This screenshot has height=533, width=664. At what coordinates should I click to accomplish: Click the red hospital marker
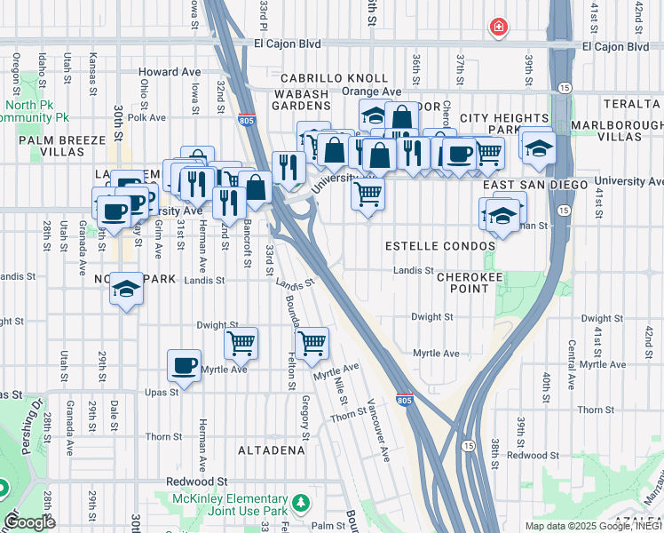point(499,28)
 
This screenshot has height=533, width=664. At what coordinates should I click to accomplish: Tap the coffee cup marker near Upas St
point(185,365)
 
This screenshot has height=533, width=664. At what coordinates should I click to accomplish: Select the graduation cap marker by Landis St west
point(127,290)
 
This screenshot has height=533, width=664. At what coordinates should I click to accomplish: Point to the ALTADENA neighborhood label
point(271,450)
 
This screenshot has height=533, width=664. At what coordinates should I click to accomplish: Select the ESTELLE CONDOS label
point(439,245)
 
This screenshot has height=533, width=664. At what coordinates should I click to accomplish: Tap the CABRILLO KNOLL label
point(335,78)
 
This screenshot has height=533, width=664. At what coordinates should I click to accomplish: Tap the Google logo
point(30,522)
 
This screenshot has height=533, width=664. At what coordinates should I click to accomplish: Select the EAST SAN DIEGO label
point(535,184)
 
